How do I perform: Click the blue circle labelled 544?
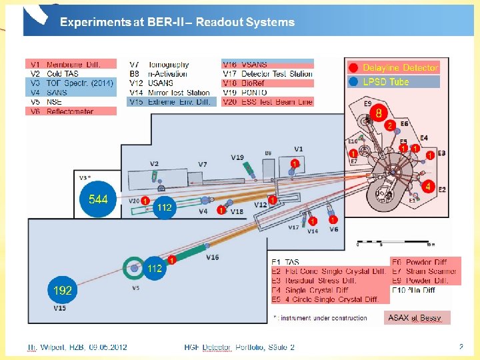(x=98, y=199)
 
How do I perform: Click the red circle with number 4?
(x=428, y=187)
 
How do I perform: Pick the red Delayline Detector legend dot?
(x=353, y=68)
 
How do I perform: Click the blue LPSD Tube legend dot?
(x=353, y=82)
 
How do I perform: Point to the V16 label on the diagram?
(x=212, y=257)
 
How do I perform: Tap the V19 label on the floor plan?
(x=237, y=157)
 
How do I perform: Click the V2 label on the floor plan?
(x=154, y=163)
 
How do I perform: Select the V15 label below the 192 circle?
(x=60, y=309)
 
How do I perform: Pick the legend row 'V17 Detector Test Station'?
(x=267, y=73)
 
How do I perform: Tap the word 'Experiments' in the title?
(x=94, y=22)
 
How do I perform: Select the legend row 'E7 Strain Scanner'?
(x=424, y=271)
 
